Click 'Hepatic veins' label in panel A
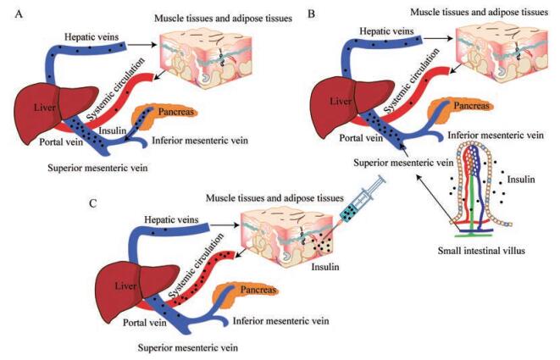(97, 36)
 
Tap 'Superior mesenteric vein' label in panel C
(188, 347)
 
